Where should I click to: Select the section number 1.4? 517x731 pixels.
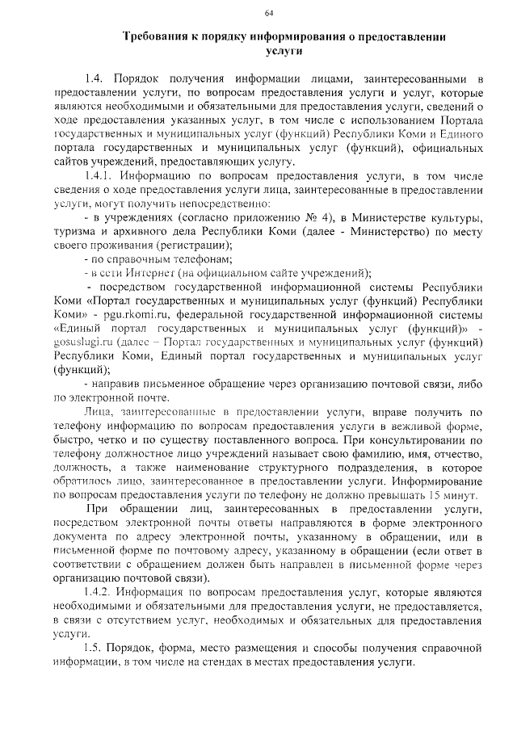click(x=95, y=79)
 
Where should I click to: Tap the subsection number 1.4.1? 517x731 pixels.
click(x=99, y=176)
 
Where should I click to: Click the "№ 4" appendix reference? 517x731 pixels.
click(x=322, y=218)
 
